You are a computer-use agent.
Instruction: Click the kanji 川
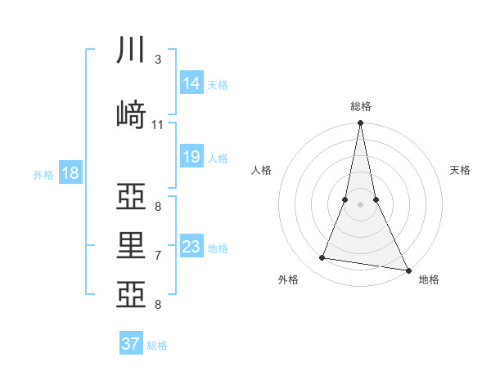pyautogui.click(x=131, y=50)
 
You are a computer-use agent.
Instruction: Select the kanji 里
pyautogui.click(x=131, y=245)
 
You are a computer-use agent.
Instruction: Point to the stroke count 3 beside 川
pyautogui.click(x=157, y=60)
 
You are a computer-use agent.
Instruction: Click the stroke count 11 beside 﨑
pyautogui.click(x=157, y=125)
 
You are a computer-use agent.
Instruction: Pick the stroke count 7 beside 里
pyautogui.click(x=157, y=256)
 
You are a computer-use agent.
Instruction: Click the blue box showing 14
pyautogui.click(x=191, y=83)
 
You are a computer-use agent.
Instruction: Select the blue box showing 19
pyautogui.click(x=191, y=156)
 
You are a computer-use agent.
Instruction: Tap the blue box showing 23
pyautogui.click(x=191, y=247)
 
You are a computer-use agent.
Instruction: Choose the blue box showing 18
pyautogui.click(x=70, y=172)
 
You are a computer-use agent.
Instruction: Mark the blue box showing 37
pyautogui.click(x=130, y=344)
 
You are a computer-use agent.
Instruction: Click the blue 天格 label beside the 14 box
pyautogui.click(x=218, y=84)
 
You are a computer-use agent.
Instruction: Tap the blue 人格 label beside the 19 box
pyautogui.click(x=218, y=158)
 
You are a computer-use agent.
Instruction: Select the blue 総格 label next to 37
pyautogui.click(x=157, y=346)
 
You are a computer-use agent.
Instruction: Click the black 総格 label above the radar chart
pyautogui.click(x=361, y=106)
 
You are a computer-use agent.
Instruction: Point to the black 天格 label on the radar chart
pyautogui.click(x=461, y=170)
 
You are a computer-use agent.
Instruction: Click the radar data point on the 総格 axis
pyautogui.click(x=360, y=123)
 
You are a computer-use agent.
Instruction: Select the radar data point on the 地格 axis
pyautogui.click(x=408, y=270)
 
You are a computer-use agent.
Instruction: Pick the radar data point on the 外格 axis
pyautogui.click(x=322, y=258)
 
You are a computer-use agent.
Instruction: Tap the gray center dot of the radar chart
pyautogui.click(x=360, y=205)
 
